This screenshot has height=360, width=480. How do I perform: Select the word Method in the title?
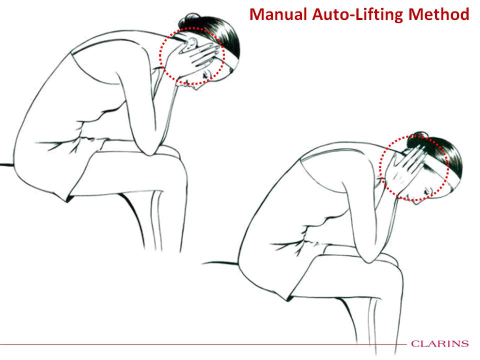(438, 14)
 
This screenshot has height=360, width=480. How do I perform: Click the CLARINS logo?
(440, 343)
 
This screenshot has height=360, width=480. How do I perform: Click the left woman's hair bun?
(187, 19)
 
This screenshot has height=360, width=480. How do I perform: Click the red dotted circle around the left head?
(160, 56)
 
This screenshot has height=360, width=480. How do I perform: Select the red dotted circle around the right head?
(380, 168)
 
